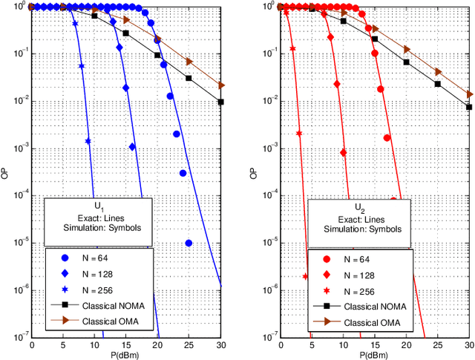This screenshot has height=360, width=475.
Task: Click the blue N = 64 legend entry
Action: tap(88, 258)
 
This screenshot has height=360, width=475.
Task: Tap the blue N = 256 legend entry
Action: tap(88, 290)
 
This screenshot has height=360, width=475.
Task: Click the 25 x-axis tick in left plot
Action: tap(189, 346)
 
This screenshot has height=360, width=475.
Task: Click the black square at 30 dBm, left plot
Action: tap(220, 102)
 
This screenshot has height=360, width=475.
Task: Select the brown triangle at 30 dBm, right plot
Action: tap(470, 94)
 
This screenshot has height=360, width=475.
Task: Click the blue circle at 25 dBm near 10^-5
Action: tap(189, 243)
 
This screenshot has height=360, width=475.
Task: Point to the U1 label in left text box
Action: tap(99, 205)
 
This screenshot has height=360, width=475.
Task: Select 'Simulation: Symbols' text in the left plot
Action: tap(99, 229)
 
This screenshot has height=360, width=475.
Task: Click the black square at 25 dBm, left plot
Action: tap(189, 78)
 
